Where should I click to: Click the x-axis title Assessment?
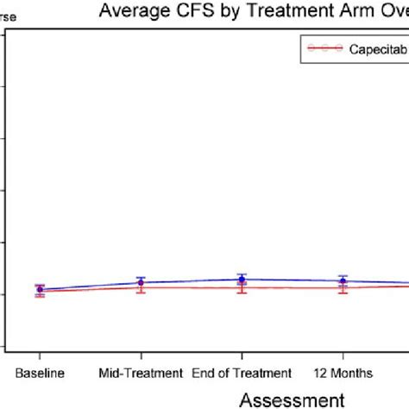pos(291,399)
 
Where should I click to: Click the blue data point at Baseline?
pos(40,290)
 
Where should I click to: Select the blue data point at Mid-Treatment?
pos(141,282)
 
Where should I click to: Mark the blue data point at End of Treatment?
pos(242,279)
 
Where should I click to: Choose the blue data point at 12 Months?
pos(343,280)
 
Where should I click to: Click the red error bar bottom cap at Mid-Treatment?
pos(141,293)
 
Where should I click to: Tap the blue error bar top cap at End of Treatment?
pos(242,274)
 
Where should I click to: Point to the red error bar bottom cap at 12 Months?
pos(343,294)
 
